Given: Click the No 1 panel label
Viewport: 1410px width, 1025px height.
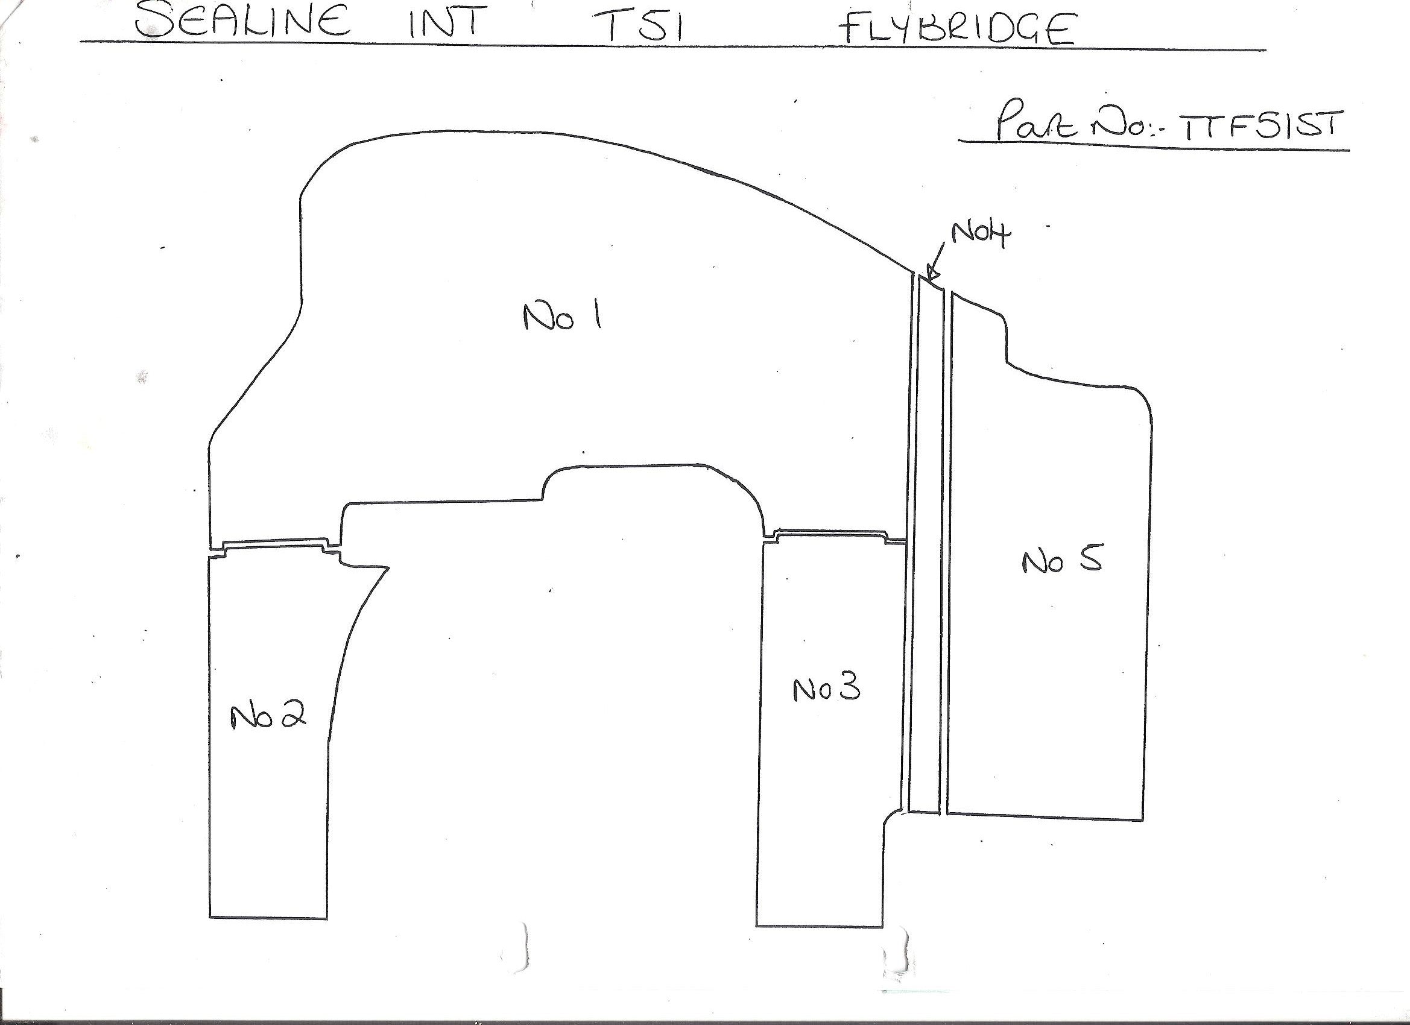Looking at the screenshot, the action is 561,318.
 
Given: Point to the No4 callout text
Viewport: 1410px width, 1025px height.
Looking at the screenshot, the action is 981,235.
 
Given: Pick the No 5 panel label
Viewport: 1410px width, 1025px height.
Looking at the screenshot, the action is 1063,561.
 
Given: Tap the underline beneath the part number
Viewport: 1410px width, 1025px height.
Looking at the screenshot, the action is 1154,145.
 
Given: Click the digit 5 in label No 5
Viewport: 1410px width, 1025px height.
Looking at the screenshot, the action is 1090,560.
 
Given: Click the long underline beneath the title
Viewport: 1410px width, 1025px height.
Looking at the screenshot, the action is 672,45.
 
